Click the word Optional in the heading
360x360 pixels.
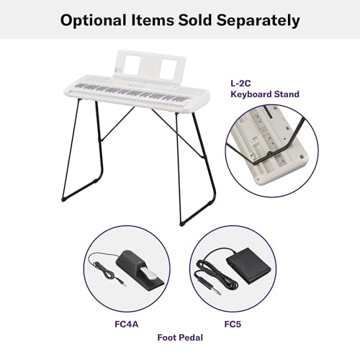coord(94,21)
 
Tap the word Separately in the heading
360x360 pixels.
coord(258,21)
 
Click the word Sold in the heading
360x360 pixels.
coord(195,20)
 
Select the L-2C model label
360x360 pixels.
coord(240,84)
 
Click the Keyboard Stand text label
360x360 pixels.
coord(265,94)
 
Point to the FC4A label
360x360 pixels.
coord(127,324)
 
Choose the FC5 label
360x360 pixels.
coord(233,324)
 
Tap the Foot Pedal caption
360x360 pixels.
coord(180,338)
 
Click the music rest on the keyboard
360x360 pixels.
coord(150,66)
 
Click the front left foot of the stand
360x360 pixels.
coord(63,199)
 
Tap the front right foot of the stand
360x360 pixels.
coord(181,225)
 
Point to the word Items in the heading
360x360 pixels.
coord(153,20)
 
